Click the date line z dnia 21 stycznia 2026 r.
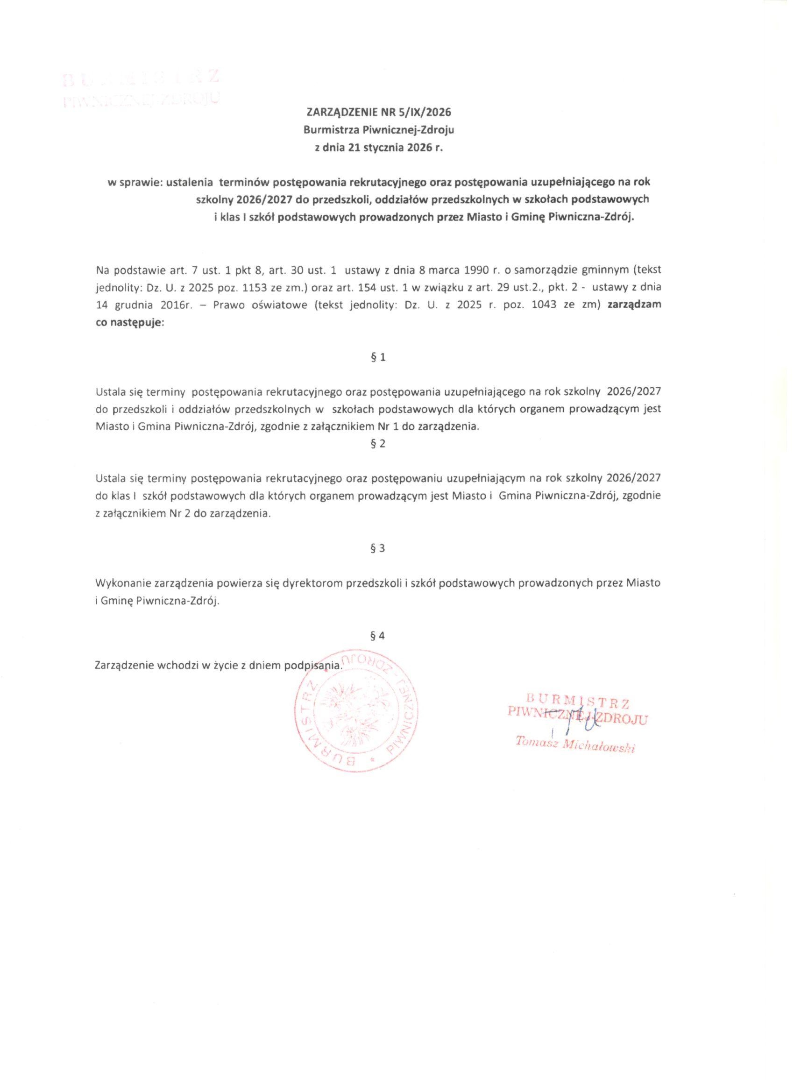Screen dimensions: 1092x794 pos(378,149)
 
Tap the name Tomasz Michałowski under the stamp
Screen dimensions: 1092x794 pos(575,745)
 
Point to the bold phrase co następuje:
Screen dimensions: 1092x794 pos(130,323)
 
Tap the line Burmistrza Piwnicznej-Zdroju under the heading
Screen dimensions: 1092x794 pos(378,130)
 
